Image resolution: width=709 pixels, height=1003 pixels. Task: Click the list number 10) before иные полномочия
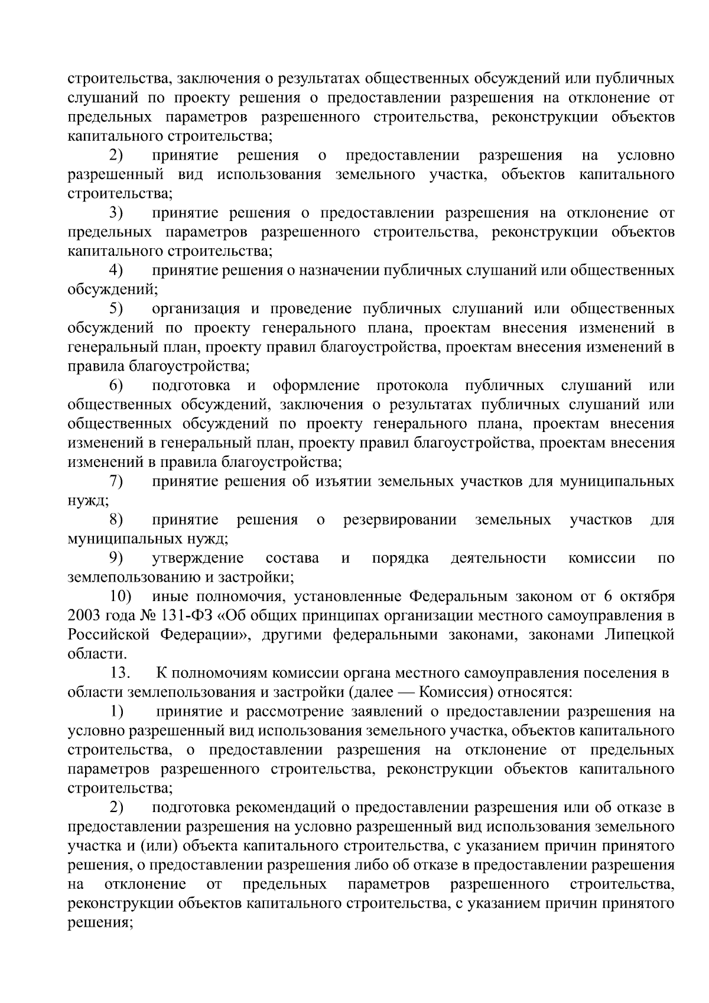tap(121, 596)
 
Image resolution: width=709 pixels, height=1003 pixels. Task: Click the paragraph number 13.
tap(120, 673)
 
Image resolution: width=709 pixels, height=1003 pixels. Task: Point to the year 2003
tap(85, 616)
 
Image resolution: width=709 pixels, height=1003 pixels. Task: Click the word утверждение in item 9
tap(198, 558)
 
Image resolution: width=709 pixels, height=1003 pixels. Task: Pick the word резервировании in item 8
tap(399, 520)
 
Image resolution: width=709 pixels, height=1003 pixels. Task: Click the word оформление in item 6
tap(316, 386)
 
